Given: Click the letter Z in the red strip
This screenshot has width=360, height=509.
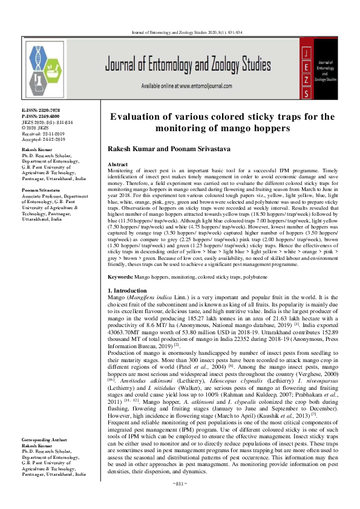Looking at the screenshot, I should pos(308,79).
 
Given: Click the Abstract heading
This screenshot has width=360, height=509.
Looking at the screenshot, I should pos(117,164).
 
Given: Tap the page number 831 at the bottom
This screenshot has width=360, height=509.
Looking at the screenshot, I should pos(180,501).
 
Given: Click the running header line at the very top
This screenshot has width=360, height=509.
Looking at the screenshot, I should pos(180,31).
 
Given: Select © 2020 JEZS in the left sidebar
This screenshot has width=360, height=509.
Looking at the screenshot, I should pos(37,126).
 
